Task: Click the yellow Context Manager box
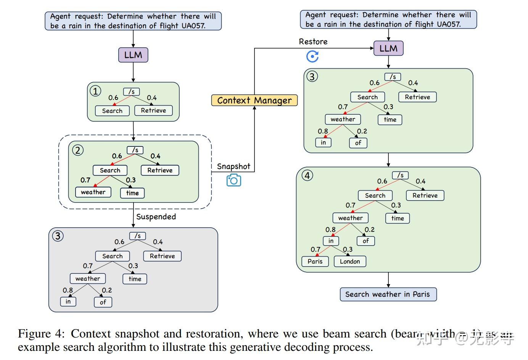254,100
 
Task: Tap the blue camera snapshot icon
233,180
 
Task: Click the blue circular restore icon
312,56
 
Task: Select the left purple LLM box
133,55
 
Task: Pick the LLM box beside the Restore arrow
388,48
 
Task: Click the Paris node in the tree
315,261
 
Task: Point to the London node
350,261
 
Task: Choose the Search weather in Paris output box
388,294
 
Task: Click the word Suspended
156,217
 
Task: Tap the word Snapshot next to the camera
233,166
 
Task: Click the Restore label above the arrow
313,42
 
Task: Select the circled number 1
95,91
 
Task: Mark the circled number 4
307,175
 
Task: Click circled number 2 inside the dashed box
78,150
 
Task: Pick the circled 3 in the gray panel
58,236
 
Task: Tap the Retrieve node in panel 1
153,111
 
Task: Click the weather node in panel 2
93,192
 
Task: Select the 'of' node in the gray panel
103,302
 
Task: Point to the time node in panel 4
398,218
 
